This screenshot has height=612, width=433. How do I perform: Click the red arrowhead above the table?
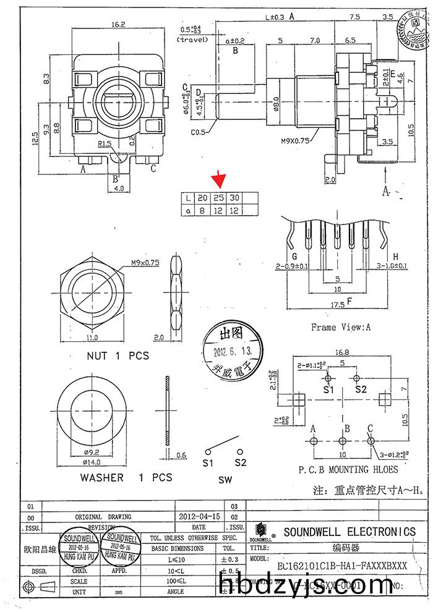pyautogui.click(x=218, y=181)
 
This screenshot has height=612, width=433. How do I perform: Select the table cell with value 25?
pyautogui.click(x=218, y=198)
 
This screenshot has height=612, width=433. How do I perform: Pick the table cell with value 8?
pyautogui.click(x=202, y=211)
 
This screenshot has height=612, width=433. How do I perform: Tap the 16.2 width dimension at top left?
pyautogui.click(x=119, y=24)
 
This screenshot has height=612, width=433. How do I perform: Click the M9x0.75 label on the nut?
pyautogui.click(x=145, y=262)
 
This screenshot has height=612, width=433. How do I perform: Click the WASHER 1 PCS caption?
pyautogui.click(x=126, y=477)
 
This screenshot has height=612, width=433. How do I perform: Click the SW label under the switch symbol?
pyautogui.click(x=226, y=480)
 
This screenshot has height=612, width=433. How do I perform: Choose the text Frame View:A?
pyautogui.click(x=340, y=327)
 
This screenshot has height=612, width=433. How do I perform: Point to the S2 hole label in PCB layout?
pyautogui.click(x=361, y=390)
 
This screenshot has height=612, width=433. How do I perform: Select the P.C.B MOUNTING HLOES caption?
pyautogui.click(x=342, y=469)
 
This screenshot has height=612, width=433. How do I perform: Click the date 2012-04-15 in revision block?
pyautogui.click(x=199, y=516)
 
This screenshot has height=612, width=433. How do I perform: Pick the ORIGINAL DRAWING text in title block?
pyautogui.click(x=103, y=516)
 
